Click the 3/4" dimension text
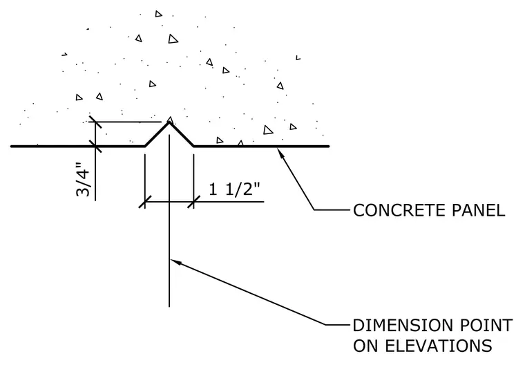(83, 179)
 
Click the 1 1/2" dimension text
(234, 189)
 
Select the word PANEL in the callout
(479, 210)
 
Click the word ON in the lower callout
(365, 346)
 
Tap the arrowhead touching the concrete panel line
(280, 152)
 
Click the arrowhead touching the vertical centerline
(175, 262)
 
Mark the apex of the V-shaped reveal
(169, 122)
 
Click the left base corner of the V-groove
(145, 147)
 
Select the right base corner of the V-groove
(194, 147)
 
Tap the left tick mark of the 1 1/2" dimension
(145, 202)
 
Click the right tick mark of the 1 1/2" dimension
(194, 202)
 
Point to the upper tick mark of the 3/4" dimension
(95, 122)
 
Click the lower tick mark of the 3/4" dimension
(95, 147)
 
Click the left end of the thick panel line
(11, 147)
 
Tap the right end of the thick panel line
(328, 147)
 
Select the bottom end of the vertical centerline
(169, 307)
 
